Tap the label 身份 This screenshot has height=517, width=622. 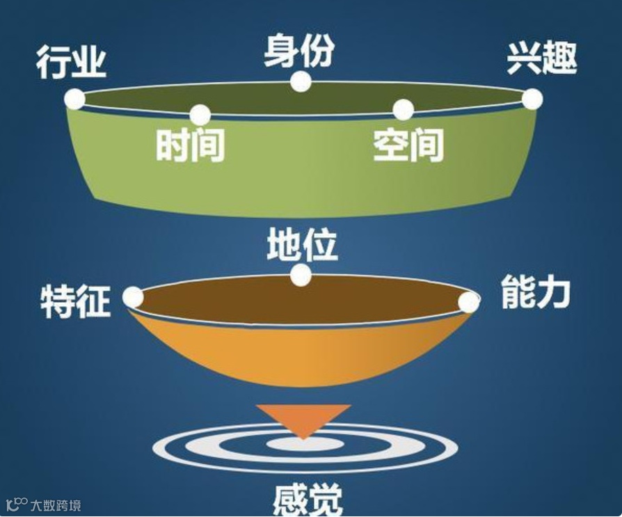299,51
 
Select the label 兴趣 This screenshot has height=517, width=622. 541,60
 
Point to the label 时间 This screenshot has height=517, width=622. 190,145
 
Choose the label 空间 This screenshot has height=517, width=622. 408,145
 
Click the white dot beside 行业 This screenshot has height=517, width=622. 74,99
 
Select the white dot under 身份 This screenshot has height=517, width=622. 301,81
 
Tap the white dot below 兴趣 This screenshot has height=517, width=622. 532,100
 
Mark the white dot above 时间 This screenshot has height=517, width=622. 200,115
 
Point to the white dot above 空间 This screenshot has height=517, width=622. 403,110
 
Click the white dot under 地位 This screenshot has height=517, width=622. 301,276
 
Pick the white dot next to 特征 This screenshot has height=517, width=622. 133,298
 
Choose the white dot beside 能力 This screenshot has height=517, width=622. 469,303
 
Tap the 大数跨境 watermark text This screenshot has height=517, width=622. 54,504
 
